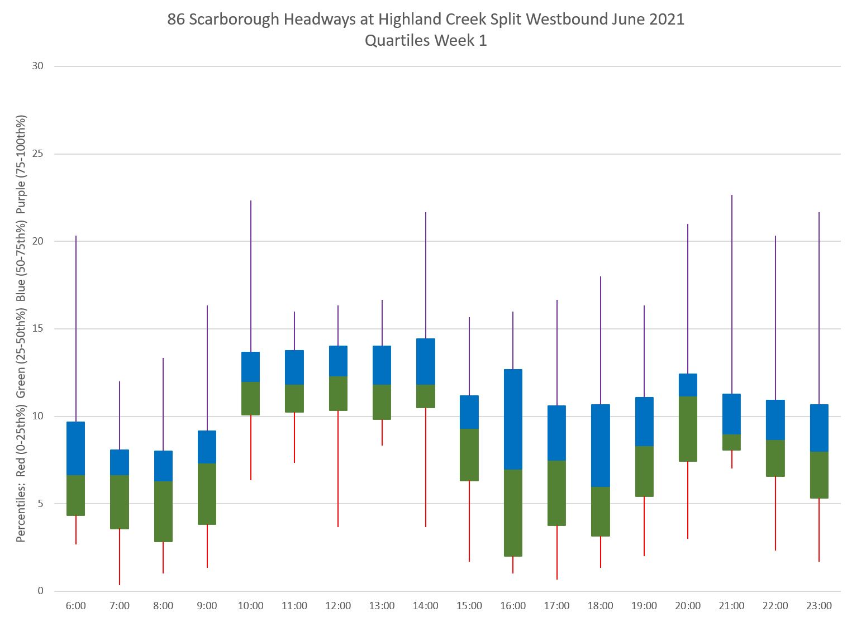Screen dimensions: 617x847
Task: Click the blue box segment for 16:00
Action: tap(513, 419)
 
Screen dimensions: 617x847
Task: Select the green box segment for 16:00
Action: tap(513, 513)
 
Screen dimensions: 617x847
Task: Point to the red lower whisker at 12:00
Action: tap(338, 468)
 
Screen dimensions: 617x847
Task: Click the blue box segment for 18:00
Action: tap(601, 446)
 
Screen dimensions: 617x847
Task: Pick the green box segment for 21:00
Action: tap(731, 442)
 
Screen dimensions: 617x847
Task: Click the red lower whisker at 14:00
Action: tap(426, 467)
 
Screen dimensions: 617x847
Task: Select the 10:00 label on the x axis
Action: tap(251, 606)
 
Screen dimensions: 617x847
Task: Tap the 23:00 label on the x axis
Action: tap(819, 606)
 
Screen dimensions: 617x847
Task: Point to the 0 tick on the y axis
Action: tap(41, 591)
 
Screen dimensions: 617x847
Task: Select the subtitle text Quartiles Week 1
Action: tap(426, 41)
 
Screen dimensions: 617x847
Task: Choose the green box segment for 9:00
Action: tap(207, 494)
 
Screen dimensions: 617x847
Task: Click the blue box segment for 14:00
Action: tap(426, 361)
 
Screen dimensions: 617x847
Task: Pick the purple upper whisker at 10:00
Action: tap(251, 276)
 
